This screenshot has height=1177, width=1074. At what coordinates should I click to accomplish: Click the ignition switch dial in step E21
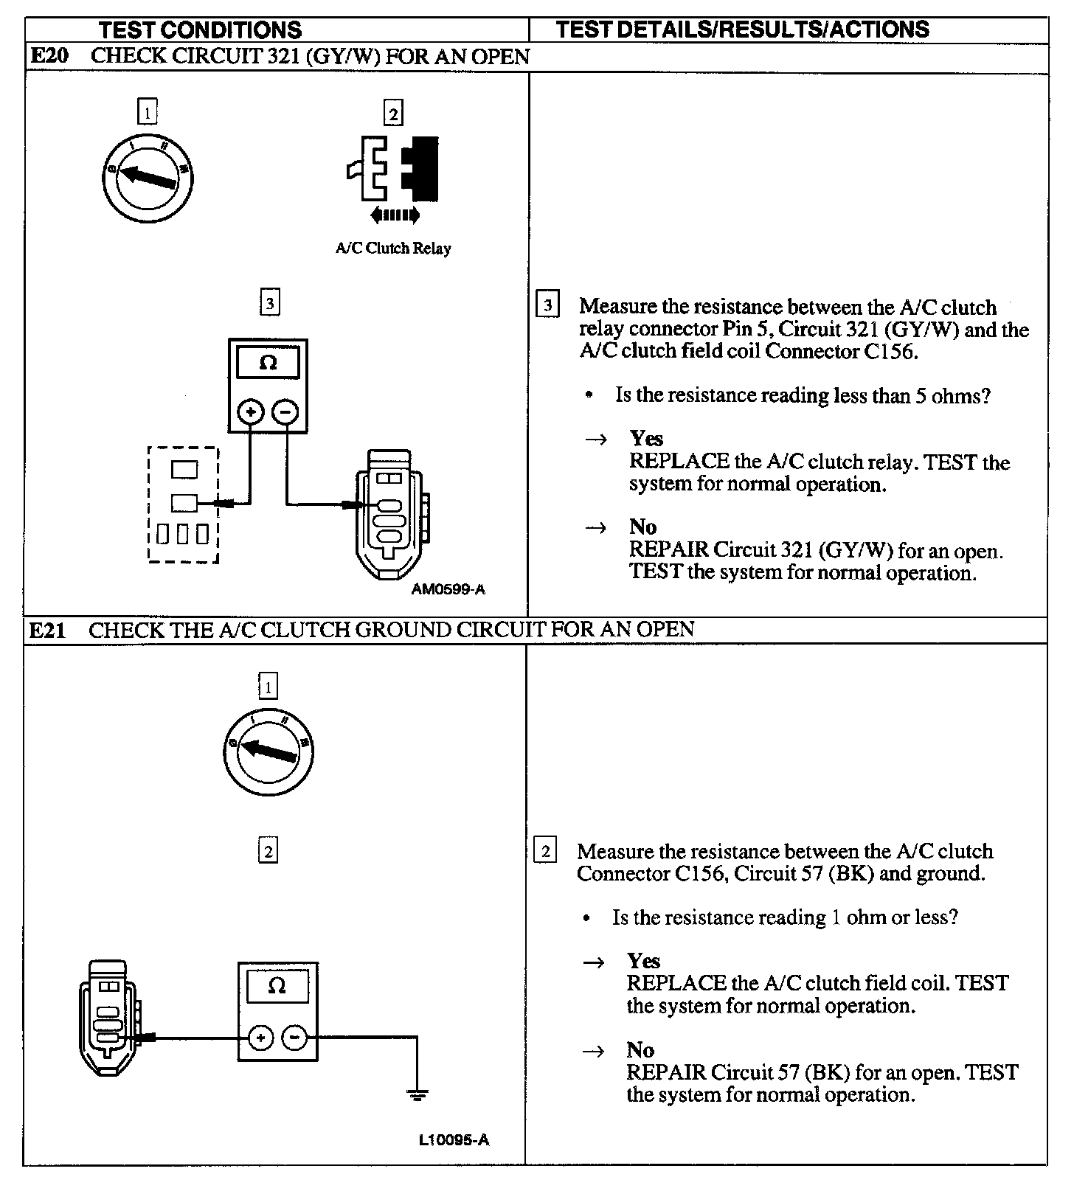click(268, 751)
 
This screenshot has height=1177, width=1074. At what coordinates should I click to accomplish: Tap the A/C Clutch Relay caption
click(392, 249)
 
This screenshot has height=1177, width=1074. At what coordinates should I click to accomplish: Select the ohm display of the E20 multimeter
click(268, 363)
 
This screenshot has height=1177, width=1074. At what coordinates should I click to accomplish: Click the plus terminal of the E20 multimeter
click(251, 412)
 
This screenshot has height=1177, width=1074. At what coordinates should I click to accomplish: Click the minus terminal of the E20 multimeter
click(285, 412)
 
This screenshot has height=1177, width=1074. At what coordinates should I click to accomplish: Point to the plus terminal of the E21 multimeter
click(260, 1038)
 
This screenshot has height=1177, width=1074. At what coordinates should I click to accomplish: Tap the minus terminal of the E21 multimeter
click(294, 1038)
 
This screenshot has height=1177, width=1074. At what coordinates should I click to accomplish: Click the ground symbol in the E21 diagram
click(418, 1094)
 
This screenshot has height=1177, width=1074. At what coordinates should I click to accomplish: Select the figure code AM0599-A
click(448, 589)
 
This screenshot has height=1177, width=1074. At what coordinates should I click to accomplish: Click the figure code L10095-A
click(454, 1140)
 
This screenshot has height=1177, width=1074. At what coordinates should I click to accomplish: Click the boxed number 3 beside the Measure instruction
click(547, 305)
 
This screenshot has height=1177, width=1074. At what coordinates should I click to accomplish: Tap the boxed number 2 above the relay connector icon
click(393, 114)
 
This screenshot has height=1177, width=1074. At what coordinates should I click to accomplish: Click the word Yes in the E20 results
click(646, 439)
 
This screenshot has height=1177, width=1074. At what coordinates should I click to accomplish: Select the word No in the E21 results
click(640, 1049)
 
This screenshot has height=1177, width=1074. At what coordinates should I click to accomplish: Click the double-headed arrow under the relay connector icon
click(395, 215)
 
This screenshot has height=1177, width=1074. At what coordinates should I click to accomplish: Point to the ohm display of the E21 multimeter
click(277, 986)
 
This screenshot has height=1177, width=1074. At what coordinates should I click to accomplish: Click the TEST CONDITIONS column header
click(200, 30)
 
